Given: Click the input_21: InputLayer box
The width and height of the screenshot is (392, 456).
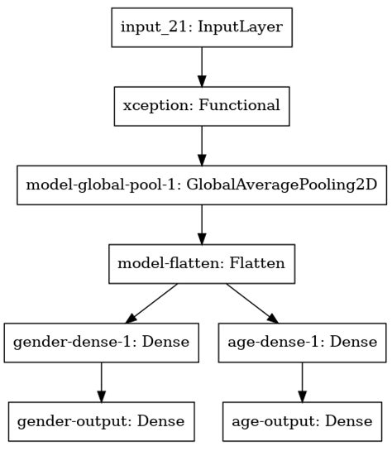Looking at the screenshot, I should point(202,27).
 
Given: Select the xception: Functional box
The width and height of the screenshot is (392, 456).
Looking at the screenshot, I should point(202,106).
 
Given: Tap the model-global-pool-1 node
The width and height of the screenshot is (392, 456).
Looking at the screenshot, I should point(202,185).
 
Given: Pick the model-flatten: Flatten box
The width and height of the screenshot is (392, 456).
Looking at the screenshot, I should point(202,264).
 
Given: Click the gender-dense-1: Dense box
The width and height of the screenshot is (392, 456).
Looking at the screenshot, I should point(102,343).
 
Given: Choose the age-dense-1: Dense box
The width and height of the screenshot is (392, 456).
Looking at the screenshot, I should point(301,343).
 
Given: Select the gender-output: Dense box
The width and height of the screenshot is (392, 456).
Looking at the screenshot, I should point(102,421).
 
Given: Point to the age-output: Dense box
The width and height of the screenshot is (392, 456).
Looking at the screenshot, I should point(301,421).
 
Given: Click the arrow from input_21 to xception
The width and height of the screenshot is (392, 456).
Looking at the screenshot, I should point(202,66).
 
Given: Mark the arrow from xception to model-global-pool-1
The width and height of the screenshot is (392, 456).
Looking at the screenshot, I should point(202,145).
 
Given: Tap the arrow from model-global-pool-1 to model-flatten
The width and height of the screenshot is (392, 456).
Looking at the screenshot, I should point(202,224).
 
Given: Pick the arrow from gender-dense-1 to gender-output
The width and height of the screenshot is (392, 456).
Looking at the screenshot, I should point(102,382).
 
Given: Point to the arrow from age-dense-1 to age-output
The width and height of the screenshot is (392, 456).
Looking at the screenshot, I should point(301,382).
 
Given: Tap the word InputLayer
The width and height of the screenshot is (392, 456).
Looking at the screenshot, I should point(245,27).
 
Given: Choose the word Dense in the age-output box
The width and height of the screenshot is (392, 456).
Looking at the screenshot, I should point(348,421).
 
